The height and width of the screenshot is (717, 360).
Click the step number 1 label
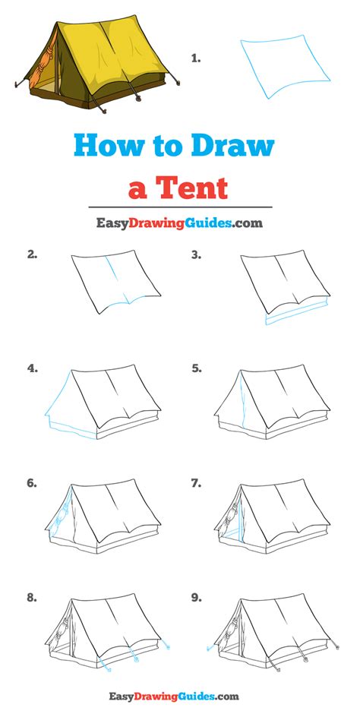(196, 58)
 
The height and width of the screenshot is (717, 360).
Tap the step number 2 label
(32, 255)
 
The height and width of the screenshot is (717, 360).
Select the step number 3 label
(196, 255)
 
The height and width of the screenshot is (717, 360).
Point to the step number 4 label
(32, 368)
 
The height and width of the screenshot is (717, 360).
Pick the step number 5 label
(196, 368)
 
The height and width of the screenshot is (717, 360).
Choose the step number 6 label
(32, 483)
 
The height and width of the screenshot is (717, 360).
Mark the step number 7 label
(196, 483)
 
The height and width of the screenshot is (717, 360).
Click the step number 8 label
(32, 597)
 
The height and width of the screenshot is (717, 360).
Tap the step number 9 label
(196, 597)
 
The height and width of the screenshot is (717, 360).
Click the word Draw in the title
(233, 146)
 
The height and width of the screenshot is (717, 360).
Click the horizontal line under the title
(180, 207)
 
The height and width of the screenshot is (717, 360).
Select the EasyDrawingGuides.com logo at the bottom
(174, 696)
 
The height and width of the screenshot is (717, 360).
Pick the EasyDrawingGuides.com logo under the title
(179, 223)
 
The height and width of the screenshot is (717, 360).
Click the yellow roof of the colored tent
(115, 50)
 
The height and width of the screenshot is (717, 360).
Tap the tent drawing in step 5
(272, 403)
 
